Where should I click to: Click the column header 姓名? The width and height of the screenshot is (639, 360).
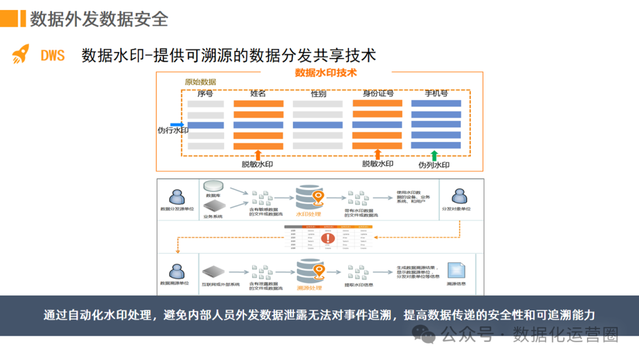coord(258,94)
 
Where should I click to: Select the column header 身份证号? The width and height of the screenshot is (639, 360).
coord(378,94)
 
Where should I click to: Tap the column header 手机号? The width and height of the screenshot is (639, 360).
coord(436,94)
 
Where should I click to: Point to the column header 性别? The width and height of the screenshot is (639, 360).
coord(318,94)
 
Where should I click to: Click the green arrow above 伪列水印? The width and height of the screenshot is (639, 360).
coord(434,155)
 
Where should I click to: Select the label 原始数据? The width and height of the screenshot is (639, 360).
coord(201,82)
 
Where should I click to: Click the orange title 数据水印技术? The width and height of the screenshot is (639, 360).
coord(326,73)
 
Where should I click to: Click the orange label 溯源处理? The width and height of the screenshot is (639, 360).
coord(309,288)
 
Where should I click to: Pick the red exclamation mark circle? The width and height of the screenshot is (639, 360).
coord(328,239)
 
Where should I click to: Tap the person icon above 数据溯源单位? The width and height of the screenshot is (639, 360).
coord(176,271)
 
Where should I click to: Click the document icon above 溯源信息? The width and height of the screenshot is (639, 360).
coord(456,270)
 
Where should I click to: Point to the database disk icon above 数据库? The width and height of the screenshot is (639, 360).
coord(213,187)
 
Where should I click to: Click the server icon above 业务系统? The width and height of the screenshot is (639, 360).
coord(213,205)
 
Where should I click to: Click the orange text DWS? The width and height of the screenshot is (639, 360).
coord(53,56)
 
